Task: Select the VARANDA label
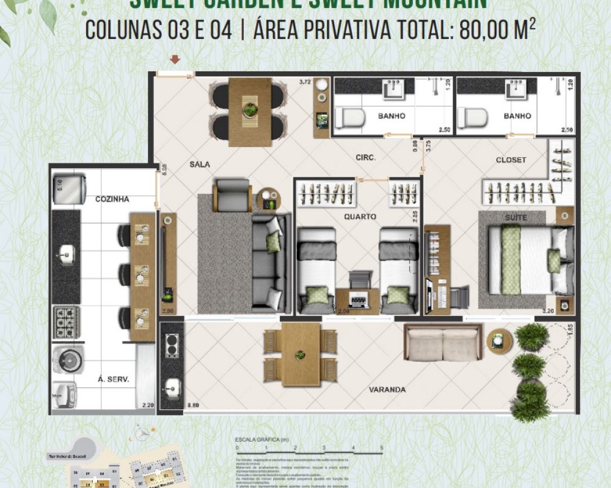(388, 390)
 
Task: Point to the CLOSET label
(511, 160)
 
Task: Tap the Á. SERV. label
(114, 379)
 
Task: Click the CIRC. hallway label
(365, 157)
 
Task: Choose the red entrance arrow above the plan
(175, 59)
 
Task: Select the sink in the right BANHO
(514, 90)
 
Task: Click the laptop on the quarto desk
(357, 299)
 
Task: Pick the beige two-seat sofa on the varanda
(442, 343)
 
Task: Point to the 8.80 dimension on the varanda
(194, 404)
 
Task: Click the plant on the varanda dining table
(300, 353)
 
